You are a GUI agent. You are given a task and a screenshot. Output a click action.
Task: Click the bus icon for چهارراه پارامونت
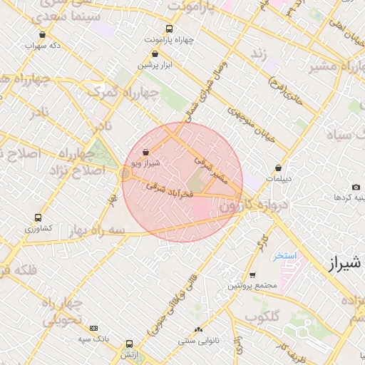pyautogui.click(x=169, y=29)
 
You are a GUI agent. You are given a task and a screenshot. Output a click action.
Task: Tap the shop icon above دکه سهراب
pyautogui.click(x=42, y=34)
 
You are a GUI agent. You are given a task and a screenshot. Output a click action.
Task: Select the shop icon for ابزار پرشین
pyautogui.click(x=155, y=53)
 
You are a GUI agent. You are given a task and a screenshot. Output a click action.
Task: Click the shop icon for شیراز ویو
pyautogui.click(x=146, y=152)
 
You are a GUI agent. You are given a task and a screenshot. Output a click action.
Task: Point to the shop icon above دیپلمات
pyautogui.click(x=278, y=168)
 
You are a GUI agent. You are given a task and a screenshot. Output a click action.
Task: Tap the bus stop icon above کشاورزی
pyautogui.click(x=38, y=218)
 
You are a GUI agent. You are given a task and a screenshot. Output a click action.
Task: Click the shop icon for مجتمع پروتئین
pyautogui.click(x=252, y=275)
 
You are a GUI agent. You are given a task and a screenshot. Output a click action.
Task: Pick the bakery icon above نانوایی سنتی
pyautogui.click(x=198, y=329)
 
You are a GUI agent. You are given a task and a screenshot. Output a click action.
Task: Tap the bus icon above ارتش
pyautogui.click(x=129, y=344)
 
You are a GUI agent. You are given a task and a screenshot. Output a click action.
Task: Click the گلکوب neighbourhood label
pyautogui.click(x=262, y=316)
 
